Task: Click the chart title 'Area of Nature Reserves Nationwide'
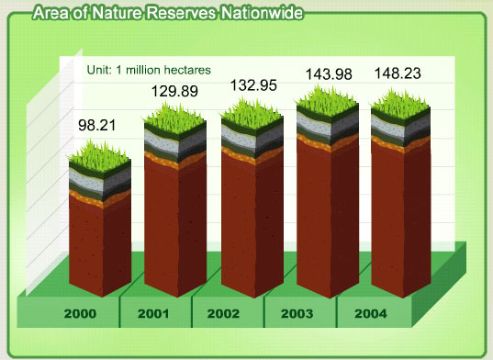tap(168, 13)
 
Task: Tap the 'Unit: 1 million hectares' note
tap(149, 70)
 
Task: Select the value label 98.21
tap(96, 125)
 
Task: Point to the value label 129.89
tap(174, 92)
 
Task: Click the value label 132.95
tap(253, 85)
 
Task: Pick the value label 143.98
tap(329, 74)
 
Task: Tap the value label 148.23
tap(398, 73)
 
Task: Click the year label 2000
tap(80, 313)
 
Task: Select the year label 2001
tap(153, 313)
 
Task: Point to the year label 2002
tap(223, 313)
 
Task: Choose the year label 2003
tap(297, 313)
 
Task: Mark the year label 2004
tap(371, 313)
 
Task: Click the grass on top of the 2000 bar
tap(99, 156)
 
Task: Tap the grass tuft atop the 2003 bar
tap(328, 102)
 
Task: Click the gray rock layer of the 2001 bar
tap(175, 142)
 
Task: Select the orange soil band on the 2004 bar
tap(401, 143)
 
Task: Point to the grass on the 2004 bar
tap(400, 105)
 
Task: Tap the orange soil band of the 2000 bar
tap(100, 198)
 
